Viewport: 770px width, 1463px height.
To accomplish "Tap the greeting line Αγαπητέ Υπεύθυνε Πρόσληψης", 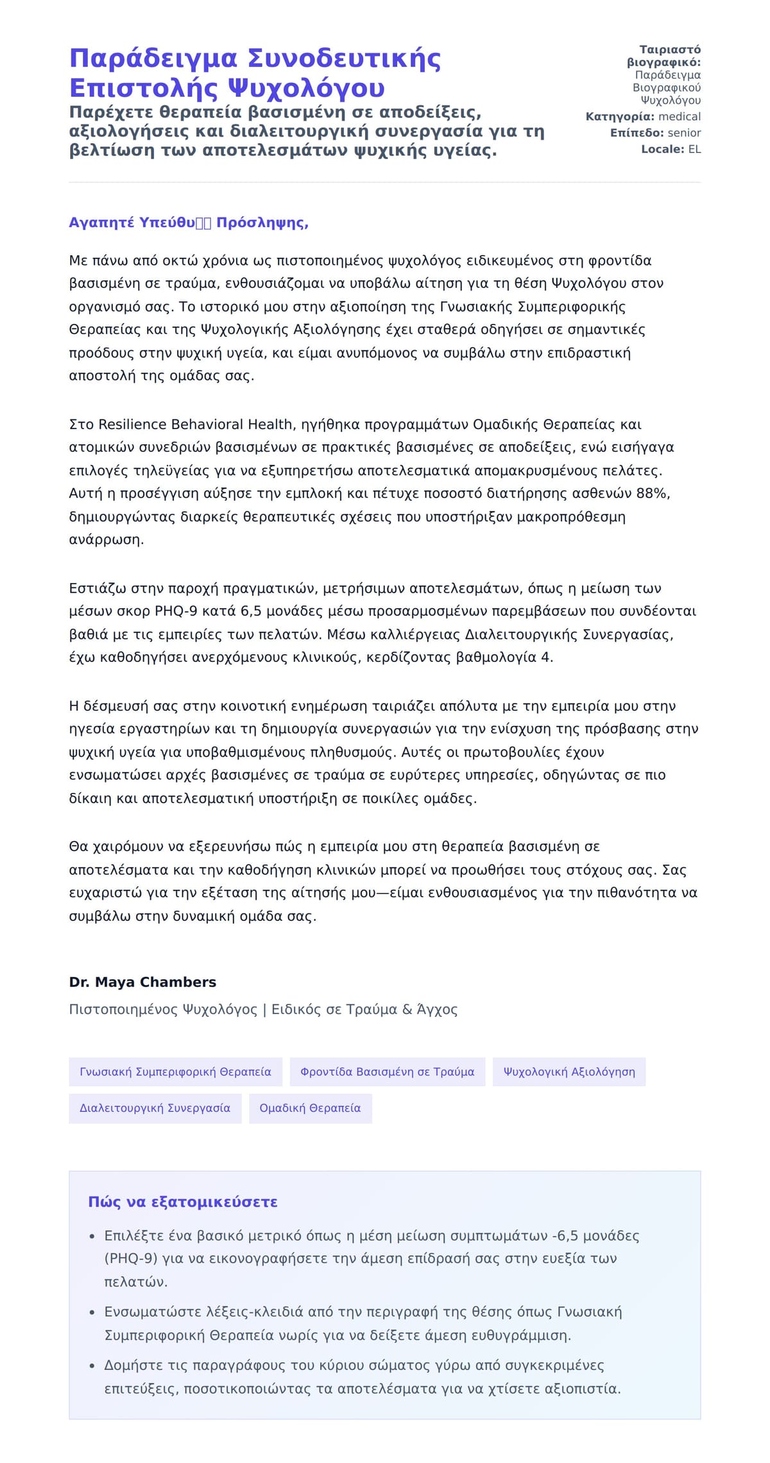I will (189, 223).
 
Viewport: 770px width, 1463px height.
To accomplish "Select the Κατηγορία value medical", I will (680, 117).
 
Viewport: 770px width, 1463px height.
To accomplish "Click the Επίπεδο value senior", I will (684, 133).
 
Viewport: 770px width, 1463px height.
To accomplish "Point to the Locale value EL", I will (694, 149).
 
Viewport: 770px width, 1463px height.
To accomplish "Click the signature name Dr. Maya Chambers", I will (142, 982).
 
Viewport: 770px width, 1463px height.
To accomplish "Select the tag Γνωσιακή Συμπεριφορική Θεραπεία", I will (175, 1072).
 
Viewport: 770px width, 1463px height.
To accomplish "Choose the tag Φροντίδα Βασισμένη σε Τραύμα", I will (388, 1072).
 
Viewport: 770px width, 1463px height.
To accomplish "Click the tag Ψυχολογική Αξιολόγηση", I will (569, 1072).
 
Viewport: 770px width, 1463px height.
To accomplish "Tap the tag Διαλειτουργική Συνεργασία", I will (155, 1108).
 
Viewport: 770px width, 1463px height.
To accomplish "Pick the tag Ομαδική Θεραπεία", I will (310, 1108).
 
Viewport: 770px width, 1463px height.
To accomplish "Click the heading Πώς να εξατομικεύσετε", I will (183, 1202).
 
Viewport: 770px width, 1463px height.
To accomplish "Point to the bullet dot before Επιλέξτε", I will (92, 1237).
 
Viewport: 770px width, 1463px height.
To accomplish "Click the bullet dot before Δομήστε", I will (92, 1366).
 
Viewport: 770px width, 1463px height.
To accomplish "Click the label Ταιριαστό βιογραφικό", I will (665, 56).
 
